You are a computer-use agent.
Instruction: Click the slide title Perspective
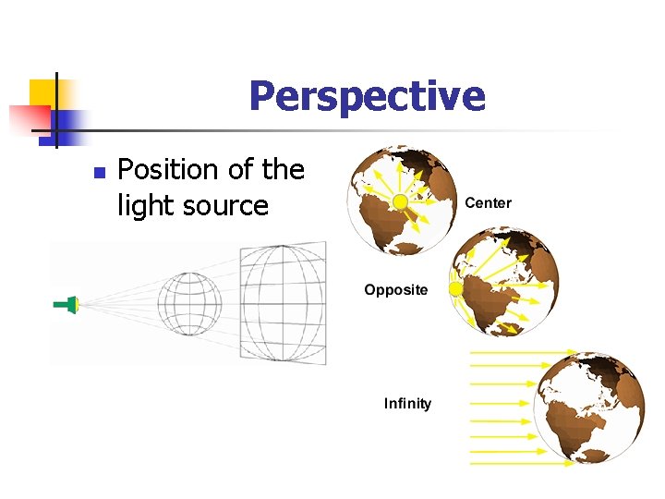pos(367,95)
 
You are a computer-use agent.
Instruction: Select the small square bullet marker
pos(100,172)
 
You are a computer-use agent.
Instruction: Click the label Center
pos(488,203)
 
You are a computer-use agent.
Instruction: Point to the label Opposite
pos(395,290)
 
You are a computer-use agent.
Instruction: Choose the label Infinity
pos(407,404)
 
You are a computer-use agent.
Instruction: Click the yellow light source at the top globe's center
pos(400,201)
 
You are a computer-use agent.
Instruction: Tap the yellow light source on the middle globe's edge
pos(455,289)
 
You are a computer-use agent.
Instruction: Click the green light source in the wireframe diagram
pos(67,303)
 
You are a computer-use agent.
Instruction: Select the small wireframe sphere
pos(189,302)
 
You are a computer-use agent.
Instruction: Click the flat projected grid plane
pos(283,303)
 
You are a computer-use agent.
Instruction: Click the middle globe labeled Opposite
pos(503,282)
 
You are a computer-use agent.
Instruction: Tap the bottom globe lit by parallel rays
pos(588,407)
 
